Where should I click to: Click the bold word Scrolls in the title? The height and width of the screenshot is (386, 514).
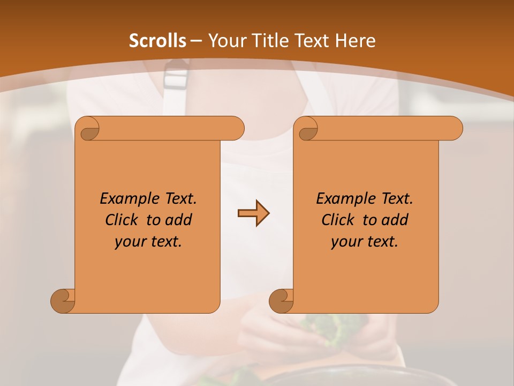tap(158, 41)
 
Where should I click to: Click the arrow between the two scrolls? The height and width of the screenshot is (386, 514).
tap(253, 213)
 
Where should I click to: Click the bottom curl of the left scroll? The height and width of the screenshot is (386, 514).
tap(63, 301)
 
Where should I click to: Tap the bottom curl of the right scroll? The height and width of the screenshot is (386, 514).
tap(281, 301)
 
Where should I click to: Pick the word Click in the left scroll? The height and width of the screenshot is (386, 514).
tap(121, 220)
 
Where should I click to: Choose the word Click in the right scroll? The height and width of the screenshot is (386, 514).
tap(337, 220)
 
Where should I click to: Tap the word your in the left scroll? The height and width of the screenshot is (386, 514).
tap(128, 242)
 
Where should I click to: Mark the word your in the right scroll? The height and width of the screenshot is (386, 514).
tap(344, 242)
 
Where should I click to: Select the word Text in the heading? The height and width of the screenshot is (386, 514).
tap(312, 41)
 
